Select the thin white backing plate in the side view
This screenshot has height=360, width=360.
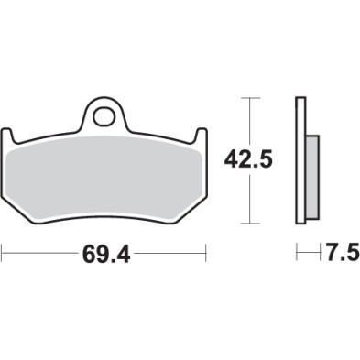point(300,160)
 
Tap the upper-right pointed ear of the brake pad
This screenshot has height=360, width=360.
point(201,132)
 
